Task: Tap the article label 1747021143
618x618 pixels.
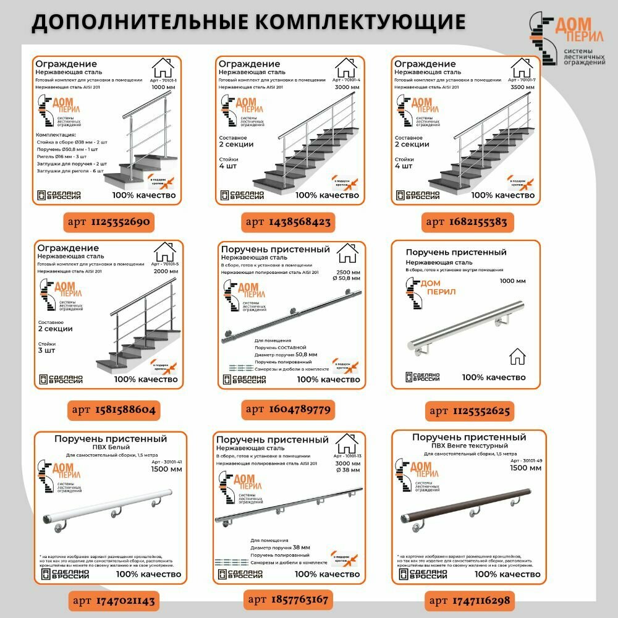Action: coord(113,600)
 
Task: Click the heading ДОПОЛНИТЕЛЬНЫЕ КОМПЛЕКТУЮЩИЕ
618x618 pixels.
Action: coord(248,22)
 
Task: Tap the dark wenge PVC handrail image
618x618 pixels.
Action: coord(470,505)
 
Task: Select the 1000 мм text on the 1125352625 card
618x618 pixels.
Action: coord(512,281)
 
